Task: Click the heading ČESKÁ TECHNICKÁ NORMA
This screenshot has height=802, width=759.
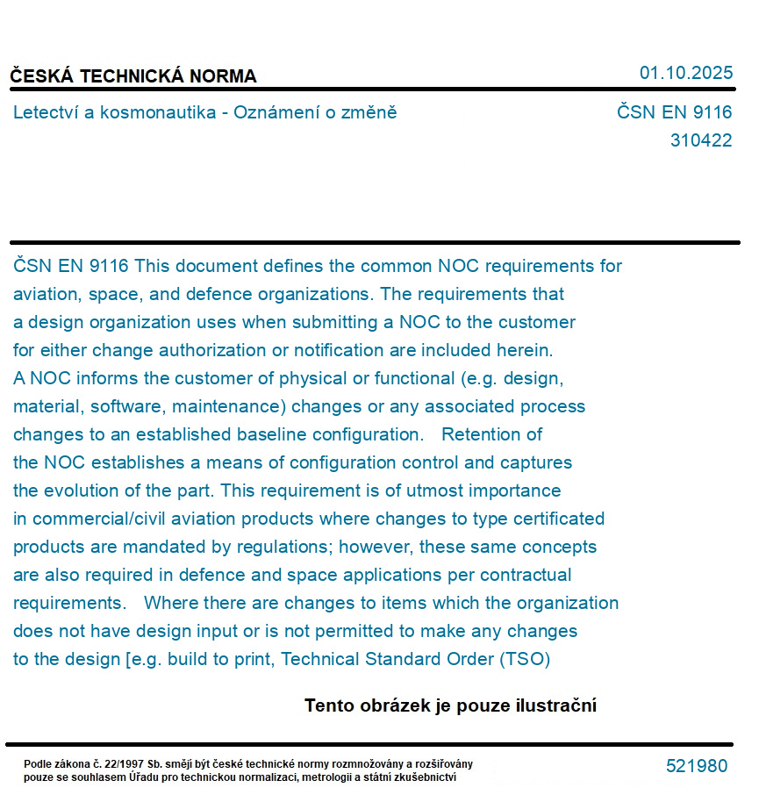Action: (133, 76)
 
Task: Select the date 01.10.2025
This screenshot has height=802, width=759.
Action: (685, 73)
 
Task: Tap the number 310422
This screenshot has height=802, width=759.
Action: (700, 140)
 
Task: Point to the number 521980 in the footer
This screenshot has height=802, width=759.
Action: (696, 766)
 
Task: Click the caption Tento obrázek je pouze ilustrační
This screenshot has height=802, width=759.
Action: (450, 705)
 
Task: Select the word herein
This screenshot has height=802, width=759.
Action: (526, 350)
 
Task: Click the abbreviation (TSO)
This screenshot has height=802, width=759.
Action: (524, 659)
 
